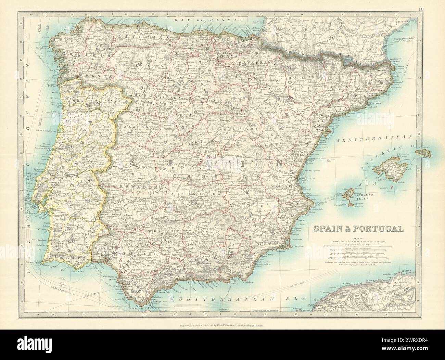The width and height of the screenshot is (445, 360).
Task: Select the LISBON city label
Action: [36, 198]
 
